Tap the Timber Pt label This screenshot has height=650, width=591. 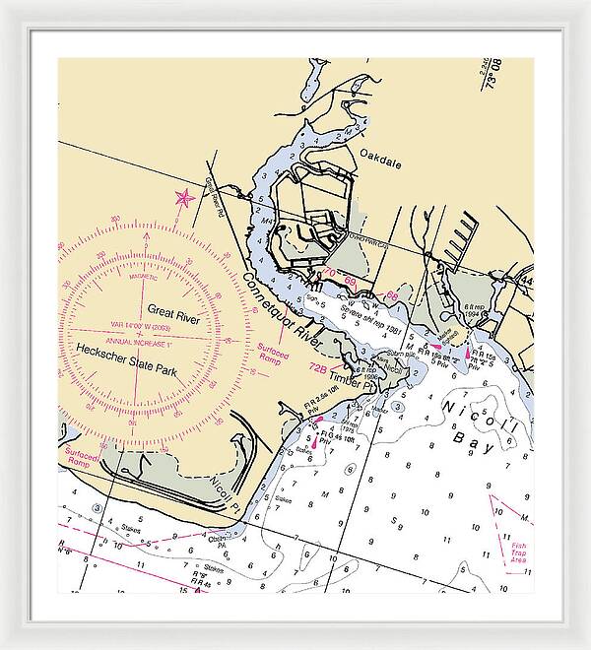[x=353, y=378]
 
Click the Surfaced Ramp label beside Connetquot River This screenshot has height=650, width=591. [x=273, y=352]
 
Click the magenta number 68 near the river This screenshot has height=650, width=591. [x=392, y=295]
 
